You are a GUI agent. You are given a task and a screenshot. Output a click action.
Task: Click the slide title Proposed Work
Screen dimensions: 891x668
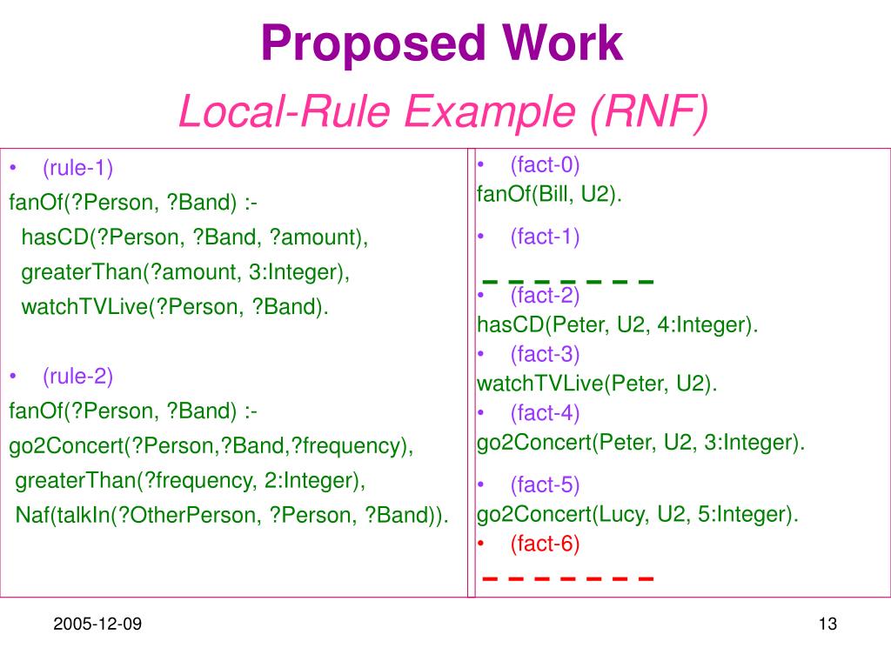[442, 43]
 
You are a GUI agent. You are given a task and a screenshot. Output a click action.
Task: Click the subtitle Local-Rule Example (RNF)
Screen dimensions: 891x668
[444, 112]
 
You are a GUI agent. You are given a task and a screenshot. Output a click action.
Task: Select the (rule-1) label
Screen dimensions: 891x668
[78, 167]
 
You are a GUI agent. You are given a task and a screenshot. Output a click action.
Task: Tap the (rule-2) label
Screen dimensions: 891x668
[78, 376]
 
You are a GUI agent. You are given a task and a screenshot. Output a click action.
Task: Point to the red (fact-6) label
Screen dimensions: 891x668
[545, 544]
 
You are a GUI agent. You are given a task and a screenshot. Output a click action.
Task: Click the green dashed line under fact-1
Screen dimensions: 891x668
[567, 282]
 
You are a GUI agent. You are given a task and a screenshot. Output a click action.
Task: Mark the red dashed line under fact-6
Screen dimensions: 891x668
[567, 578]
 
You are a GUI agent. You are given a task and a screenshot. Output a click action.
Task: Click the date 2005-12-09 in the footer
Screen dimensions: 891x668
[97, 625]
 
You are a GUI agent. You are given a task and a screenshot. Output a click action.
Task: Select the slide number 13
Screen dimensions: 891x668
[827, 625]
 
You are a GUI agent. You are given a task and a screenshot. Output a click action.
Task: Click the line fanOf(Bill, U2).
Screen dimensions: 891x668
[549, 193]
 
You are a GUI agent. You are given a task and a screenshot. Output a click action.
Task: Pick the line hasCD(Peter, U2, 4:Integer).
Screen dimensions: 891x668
[617, 325]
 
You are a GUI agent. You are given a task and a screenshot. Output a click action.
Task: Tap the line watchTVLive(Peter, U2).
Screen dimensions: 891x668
[597, 384]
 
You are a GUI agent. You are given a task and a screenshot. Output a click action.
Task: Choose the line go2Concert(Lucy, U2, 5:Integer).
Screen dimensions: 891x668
[637, 514]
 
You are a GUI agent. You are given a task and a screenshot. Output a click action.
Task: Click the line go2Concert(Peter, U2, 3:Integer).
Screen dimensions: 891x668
[640, 443]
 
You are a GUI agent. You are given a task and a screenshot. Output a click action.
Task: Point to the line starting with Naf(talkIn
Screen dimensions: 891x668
[232, 515]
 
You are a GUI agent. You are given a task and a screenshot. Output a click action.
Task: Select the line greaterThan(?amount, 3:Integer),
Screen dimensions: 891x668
[185, 271]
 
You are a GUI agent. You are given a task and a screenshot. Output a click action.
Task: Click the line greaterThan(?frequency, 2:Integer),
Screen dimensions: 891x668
[191, 480]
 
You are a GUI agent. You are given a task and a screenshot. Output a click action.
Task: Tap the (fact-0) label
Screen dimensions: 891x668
[545, 164]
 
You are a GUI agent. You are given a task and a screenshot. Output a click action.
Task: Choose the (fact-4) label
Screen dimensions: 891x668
[545, 412]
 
